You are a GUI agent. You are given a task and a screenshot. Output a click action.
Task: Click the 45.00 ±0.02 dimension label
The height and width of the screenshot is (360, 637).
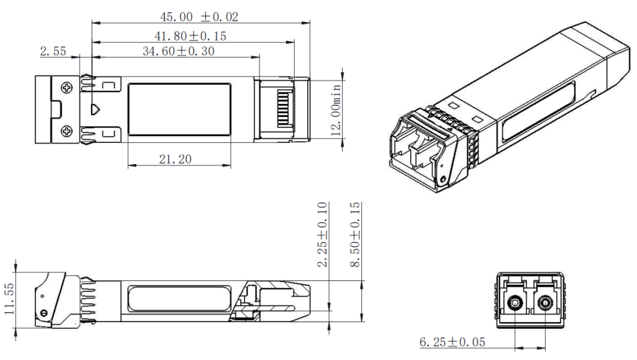click(199, 17)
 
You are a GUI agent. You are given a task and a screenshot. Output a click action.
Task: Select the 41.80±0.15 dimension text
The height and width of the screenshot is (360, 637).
click(190, 36)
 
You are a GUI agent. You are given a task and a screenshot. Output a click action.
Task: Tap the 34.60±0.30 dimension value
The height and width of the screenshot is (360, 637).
click(179, 51)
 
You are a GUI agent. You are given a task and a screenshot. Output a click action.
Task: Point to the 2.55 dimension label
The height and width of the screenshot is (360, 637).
click(53, 51)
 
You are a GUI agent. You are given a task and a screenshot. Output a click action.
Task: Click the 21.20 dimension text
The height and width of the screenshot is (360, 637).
click(175, 159)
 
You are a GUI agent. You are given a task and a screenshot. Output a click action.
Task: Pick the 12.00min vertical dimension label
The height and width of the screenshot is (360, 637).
click(336, 109)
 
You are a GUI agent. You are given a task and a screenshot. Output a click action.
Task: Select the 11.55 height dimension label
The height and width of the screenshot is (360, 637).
click(9, 298)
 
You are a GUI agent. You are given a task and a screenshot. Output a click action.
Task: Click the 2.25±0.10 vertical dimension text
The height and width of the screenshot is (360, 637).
click(322, 234)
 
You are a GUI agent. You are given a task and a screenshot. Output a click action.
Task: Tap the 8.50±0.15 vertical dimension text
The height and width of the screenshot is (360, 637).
click(355, 234)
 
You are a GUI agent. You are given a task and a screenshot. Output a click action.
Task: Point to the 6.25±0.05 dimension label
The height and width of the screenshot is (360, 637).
click(452, 342)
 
